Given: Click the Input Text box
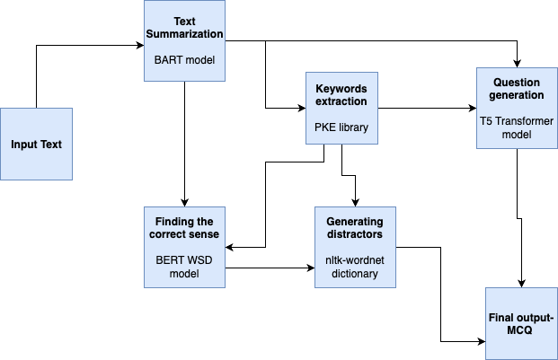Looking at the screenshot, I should [36, 144].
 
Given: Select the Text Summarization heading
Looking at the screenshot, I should [183, 26].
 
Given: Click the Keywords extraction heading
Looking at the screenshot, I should [341, 96].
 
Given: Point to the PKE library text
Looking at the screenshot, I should [341, 127].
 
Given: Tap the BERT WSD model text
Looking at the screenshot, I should [183, 267].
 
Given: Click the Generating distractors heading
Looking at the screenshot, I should [354, 228].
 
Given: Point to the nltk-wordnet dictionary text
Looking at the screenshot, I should [354, 267].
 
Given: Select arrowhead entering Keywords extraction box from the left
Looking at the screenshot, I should [301, 108].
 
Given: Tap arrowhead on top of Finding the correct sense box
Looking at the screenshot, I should [183, 202].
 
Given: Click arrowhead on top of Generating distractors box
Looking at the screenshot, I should [356, 202].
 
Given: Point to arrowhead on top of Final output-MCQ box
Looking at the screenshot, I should [521, 283].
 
